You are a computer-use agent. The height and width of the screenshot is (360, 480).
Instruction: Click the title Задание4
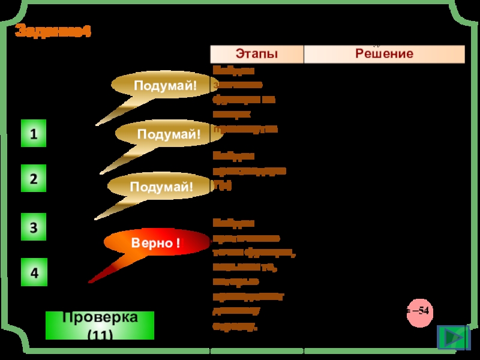53,31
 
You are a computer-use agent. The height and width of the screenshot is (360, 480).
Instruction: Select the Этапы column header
256,54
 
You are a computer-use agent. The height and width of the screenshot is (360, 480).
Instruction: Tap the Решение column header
384,54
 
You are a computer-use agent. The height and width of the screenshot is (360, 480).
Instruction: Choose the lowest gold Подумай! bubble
162,187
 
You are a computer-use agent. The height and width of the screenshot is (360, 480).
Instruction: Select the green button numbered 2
34,179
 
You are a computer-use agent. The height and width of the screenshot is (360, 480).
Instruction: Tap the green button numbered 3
34,227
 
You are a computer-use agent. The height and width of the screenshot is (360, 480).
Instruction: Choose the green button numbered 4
34,273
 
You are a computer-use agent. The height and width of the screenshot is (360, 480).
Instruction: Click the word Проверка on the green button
100,317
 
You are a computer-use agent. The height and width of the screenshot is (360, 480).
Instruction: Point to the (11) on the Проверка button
100,334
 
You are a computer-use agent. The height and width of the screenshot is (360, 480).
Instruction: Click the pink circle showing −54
419,311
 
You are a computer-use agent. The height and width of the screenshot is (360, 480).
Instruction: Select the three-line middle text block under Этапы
249,171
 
